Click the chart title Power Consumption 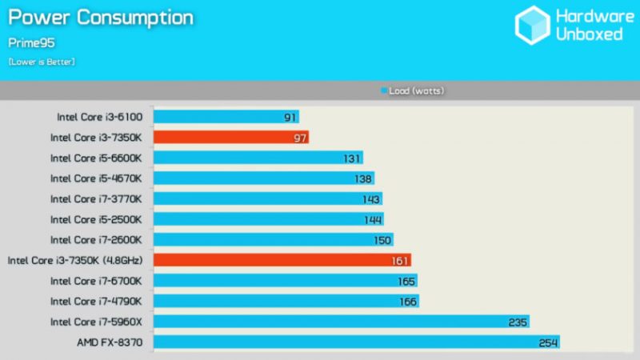(x=101, y=17)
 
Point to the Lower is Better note (x=42, y=62)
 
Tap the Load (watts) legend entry (x=413, y=91)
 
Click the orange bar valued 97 (x=230, y=137)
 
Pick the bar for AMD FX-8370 (x=356, y=342)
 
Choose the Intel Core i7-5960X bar (x=341, y=322)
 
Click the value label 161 (x=400, y=260)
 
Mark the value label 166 (x=408, y=302)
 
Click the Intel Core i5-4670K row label (x=96, y=178)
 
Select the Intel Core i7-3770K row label (x=96, y=198)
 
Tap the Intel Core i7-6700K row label (x=96, y=281)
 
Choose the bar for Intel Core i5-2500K (x=268, y=219)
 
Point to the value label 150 (x=382, y=240)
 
